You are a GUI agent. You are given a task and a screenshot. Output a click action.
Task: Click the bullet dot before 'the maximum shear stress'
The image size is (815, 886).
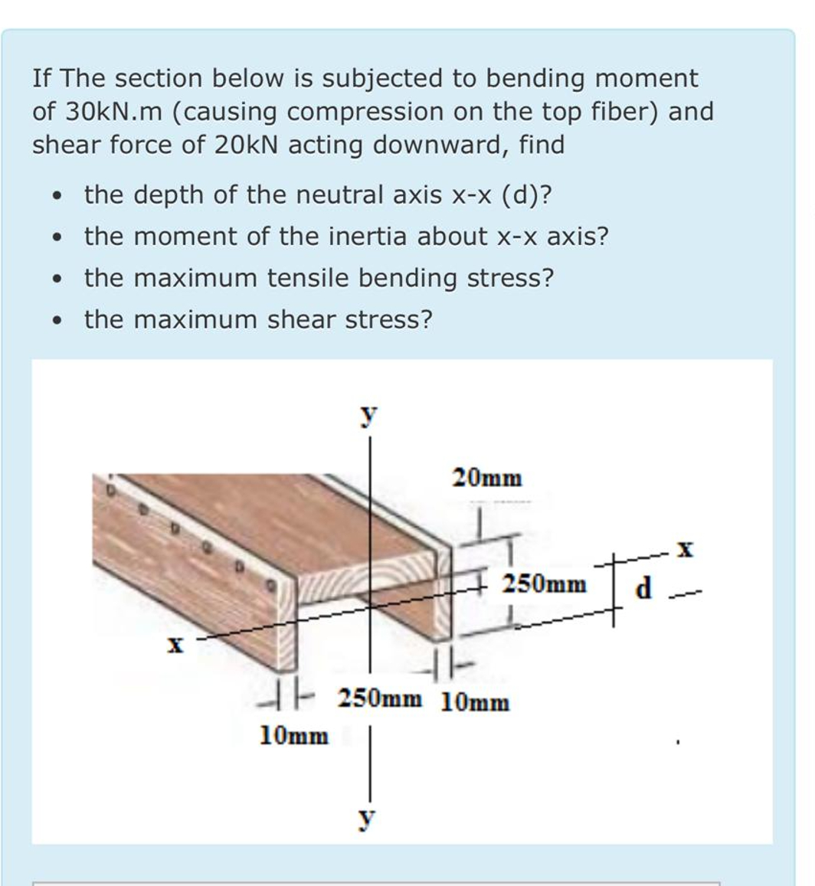pyautogui.click(x=57, y=320)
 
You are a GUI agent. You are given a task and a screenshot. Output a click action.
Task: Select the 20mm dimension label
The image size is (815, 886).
pyautogui.click(x=487, y=479)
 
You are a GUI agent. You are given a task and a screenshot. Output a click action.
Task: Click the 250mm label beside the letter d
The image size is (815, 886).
pyautogui.click(x=544, y=585)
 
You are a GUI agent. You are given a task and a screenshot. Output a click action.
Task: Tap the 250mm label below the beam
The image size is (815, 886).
pyautogui.click(x=380, y=698)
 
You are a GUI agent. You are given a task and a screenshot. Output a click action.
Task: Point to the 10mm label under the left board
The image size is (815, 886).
pyautogui.click(x=294, y=737)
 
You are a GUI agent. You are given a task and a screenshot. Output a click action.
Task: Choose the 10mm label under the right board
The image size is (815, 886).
pyautogui.click(x=475, y=701)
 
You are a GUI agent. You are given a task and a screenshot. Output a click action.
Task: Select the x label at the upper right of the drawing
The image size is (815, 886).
pyautogui.click(x=686, y=550)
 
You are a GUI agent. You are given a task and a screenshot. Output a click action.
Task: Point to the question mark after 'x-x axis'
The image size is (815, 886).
pyautogui.click(x=602, y=237)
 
